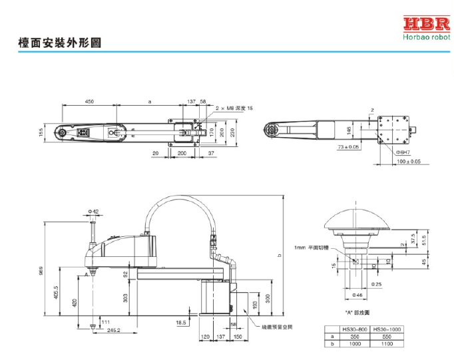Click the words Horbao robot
[425, 39]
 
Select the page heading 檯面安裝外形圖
[60, 43]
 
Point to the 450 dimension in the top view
[89, 101]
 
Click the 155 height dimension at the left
[41, 133]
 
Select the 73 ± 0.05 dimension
[348, 146]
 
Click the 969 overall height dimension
[41, 271]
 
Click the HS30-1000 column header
[386, 329]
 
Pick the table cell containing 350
[353, 337]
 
